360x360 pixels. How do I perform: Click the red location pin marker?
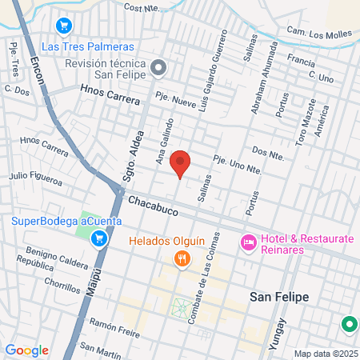pos(181,162)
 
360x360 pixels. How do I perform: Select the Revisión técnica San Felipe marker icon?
pos(158,68)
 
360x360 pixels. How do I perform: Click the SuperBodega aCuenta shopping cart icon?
pos(98,238)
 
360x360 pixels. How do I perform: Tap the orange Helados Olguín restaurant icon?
pos(183,258)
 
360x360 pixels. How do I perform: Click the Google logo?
pos(26,350)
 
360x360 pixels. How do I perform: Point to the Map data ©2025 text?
pos(324,354)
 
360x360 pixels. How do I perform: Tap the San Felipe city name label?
pos(279,297)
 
